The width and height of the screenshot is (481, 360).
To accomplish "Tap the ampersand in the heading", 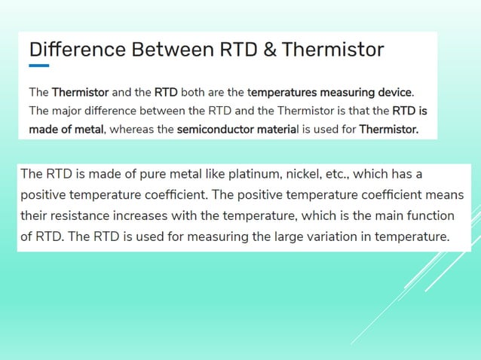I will pyautogui.click(x=269, y=50).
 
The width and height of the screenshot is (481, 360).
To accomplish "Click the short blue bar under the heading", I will pyautogui.click(x=39, y=66).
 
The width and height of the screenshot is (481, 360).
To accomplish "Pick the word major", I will pyautogui.click(x=72, y=111).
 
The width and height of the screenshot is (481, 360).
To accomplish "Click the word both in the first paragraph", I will pyautogui.click(x=193, y=93).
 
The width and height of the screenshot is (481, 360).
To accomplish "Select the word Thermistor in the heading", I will pyautogui.click(x=332, y=50).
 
